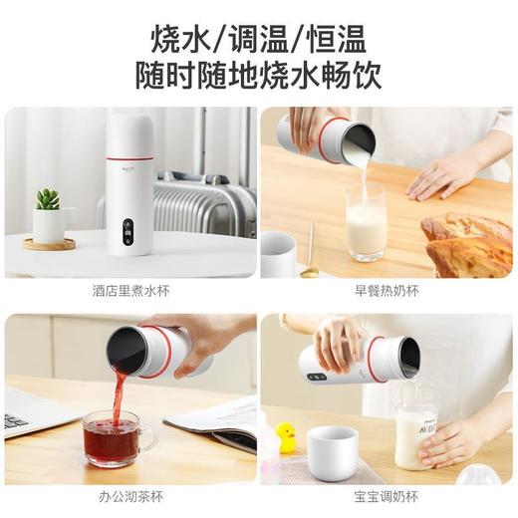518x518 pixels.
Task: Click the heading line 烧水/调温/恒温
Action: tap(258, 39)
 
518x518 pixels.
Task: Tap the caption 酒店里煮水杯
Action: tap(129, 293)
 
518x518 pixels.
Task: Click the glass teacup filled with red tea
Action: tap(111, 438)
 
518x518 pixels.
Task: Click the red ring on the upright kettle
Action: tap(129, 156)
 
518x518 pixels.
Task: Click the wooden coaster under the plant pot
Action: tap(49, 244)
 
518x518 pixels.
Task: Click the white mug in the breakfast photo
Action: tap(278, 255)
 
